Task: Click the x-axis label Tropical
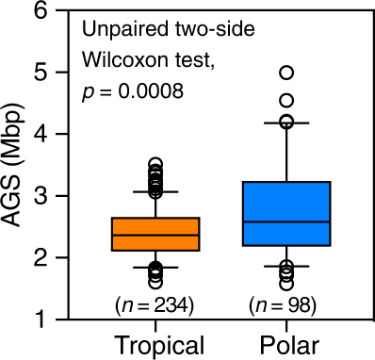point(155,342)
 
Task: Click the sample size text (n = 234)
point(155,304)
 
